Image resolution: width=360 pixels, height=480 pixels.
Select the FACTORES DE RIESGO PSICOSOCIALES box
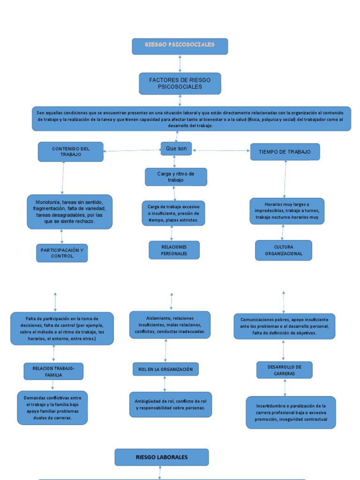(180, 83)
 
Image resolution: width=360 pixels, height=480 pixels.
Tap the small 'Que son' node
(176, 149)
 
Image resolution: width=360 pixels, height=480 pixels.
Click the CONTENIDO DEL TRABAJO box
(71, 151)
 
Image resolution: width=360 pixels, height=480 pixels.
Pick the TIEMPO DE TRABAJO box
(285, 152)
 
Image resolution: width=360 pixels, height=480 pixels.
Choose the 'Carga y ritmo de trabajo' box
(176, 177)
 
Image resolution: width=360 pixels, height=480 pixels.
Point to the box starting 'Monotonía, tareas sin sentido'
(70, 211)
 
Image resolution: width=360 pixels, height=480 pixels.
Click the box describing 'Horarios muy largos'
(287, 211)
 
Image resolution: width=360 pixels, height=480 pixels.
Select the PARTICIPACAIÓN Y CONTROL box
(62, 253)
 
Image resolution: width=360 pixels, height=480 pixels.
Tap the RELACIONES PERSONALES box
(174, 250)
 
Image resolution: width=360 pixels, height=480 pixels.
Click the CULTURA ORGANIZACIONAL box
(284, 250)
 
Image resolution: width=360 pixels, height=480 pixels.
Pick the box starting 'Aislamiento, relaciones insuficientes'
(170, 324)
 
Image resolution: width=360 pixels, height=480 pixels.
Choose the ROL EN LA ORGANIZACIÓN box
(165, 369)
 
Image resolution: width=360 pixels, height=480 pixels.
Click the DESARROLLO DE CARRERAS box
(285, 370)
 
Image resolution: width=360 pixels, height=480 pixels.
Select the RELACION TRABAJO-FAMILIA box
(53, 371)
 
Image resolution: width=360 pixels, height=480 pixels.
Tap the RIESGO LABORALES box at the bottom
(162, 457)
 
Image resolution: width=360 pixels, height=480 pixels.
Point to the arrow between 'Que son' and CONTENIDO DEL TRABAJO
(132, 150)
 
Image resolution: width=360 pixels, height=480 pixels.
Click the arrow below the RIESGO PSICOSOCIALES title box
(180, 63)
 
